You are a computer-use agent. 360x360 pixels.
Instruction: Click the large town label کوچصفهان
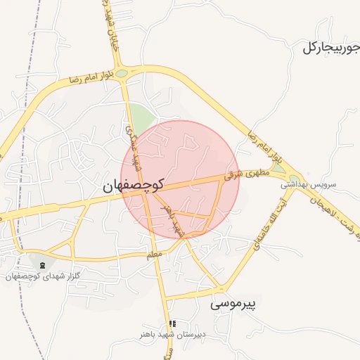[x=133, y=186]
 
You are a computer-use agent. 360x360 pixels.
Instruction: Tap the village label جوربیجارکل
[x=331, y=48]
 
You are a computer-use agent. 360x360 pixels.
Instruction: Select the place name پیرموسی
[x=236, y=304]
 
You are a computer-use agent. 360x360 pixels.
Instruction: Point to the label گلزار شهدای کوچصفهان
[x=44, y=276]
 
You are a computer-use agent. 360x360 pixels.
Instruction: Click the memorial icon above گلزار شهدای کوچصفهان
[x=44, y=264]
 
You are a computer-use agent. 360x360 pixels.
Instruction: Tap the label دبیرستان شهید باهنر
[x=172, y=335]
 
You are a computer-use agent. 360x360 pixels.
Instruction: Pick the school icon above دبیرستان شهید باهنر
[x=172, y=324]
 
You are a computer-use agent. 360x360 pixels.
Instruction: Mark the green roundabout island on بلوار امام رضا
[x=122, y=73]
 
